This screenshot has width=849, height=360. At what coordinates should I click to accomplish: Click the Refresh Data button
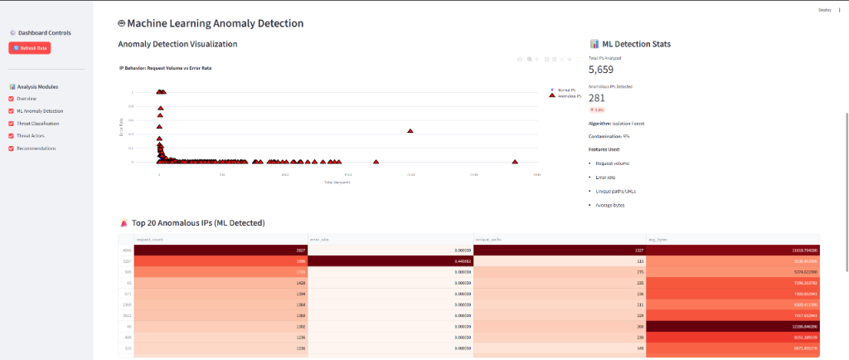coord(30,48)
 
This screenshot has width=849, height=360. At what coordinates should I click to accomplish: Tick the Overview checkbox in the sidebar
coord(12,99)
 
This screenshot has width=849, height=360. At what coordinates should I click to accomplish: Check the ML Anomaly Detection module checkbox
coord(12,111)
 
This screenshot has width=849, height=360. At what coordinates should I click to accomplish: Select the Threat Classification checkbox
coord(12,124)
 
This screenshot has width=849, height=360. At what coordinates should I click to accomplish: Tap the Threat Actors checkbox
coord(12,136)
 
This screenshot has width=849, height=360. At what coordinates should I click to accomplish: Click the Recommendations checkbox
coord(12,148)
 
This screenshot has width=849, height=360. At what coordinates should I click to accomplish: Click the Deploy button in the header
coord(824,9)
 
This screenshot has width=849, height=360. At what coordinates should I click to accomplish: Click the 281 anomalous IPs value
coord(597,98)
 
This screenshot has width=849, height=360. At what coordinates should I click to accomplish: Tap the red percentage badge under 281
coord(597,109)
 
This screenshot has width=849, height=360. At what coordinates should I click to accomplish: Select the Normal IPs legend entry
coord(568,90)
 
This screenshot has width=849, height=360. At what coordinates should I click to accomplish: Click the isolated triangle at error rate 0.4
coord(410,131)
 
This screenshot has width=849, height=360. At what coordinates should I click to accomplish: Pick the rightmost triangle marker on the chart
coord(516,162)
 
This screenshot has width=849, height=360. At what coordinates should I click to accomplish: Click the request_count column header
coord(149,238)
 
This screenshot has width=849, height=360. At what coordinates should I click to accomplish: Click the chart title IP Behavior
coord(165,67)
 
